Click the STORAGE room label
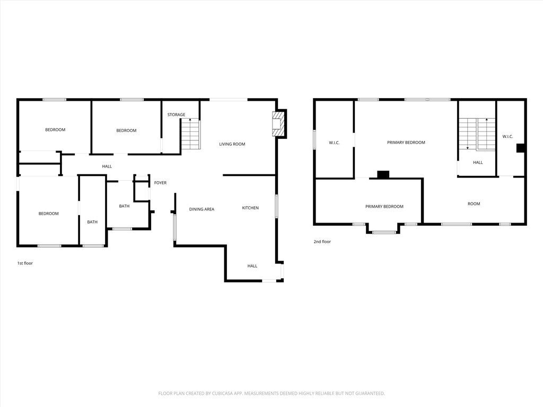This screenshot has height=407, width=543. [176, 114]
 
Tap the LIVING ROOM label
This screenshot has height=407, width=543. [232, 144]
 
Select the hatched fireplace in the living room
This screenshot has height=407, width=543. [278, 124]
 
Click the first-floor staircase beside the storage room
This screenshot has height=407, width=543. [190, 134]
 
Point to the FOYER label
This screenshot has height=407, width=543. [160, 183]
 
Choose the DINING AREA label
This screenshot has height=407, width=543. [202, 209]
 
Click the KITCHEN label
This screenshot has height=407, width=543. [250, 208]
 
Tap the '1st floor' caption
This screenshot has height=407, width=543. [25, 263]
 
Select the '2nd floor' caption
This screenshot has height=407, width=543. [322, 242]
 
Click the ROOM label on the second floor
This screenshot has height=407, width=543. [474, 204]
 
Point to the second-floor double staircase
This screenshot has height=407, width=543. [477, 134]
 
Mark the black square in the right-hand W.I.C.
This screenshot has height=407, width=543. [521, 148]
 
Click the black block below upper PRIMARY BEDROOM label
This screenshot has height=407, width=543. [383, 175]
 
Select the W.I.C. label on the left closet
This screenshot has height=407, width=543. [334, 143]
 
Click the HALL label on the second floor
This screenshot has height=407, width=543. [478, 162]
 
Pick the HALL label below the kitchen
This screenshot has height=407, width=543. [252, 266]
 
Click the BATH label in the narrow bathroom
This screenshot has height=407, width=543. [92, 222]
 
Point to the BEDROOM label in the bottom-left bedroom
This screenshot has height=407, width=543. [48, 214]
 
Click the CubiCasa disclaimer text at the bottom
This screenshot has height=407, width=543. [271, 393]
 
